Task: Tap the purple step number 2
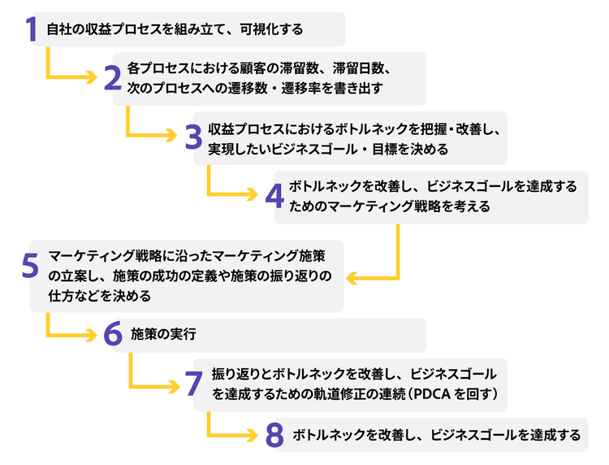(112, 77)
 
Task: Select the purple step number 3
(192, 137)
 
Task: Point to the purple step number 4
(274, 196)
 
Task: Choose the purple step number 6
(112, 334)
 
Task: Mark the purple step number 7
(193, 383)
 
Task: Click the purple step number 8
(274, 435)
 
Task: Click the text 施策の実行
(163, 334)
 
